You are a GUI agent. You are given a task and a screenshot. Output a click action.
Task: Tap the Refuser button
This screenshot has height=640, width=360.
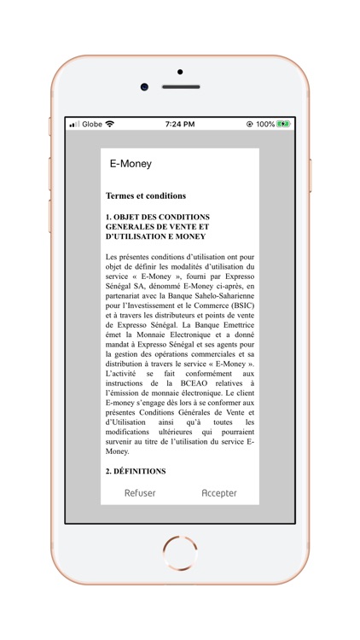click(140, 493)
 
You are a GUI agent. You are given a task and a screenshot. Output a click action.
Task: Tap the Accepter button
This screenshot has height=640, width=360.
click(219, 493)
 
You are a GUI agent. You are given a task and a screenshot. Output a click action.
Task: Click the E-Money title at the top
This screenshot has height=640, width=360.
click(131, 163)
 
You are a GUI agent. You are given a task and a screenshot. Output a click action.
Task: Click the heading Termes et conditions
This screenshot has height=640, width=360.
click(146, 196)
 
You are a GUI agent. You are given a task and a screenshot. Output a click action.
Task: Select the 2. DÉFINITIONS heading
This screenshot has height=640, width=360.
click(136, 470)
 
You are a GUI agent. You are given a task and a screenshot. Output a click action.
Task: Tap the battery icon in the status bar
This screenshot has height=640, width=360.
click(283, 125)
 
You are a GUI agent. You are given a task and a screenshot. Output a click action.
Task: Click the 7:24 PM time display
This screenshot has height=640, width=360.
click(179, 125)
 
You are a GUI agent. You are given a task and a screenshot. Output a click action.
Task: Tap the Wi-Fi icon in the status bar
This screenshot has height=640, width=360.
click(109, 125)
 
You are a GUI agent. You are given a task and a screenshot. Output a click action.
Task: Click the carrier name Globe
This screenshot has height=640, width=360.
click(92, 125)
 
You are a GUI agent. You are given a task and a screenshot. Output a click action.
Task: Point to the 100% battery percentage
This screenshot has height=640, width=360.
click(265, 125)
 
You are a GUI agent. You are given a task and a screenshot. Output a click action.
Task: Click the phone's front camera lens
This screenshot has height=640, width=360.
click(144, 86)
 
